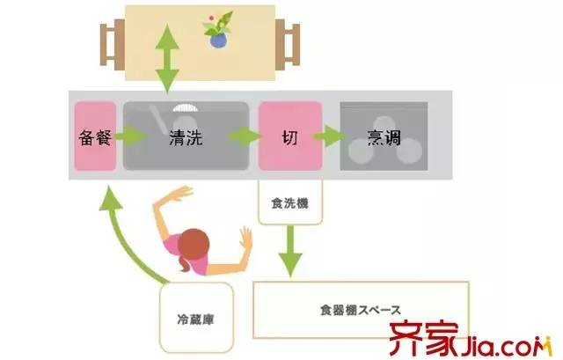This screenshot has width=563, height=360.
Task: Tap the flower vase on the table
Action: click(x=216, y=33)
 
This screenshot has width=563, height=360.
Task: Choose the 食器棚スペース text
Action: click(x=360, y=310)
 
